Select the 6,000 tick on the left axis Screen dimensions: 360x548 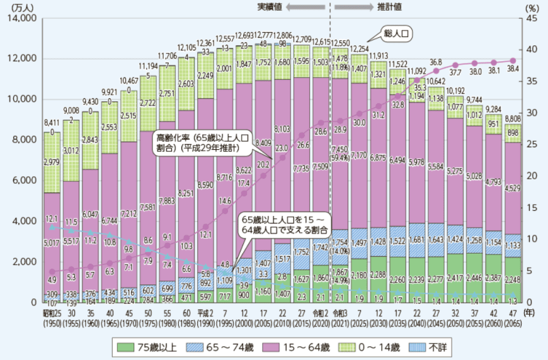tap(23, 181)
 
